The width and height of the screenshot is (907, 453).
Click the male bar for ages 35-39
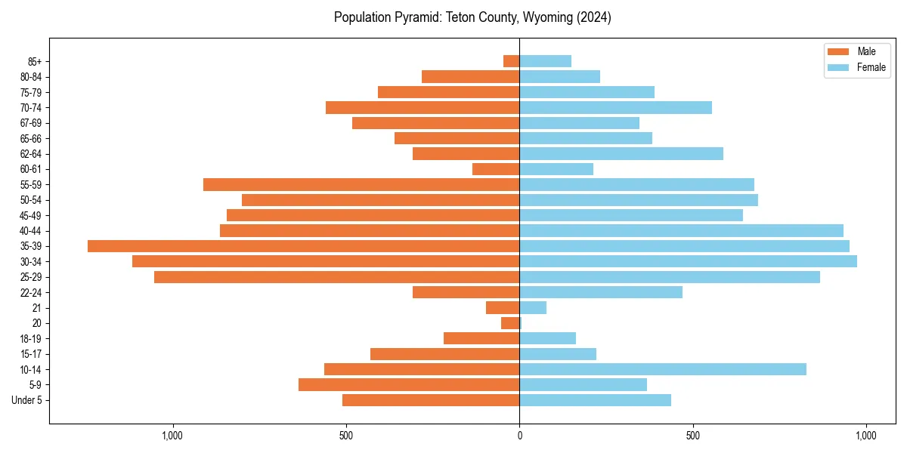[303, 246]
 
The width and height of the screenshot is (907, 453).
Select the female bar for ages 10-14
[663, 369]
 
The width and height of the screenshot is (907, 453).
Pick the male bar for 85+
[512, 61]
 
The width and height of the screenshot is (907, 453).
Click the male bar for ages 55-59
[361, 184]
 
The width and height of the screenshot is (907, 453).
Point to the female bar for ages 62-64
[621, 153]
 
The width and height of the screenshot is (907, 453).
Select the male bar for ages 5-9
[409, 384]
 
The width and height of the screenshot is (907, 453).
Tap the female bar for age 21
[533, 307]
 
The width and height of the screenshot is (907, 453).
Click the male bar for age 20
[510, 323]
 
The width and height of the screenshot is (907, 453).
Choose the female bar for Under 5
[595, 400]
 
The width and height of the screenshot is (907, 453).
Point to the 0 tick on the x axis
[519, 436]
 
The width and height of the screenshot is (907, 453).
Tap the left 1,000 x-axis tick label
[172, 436]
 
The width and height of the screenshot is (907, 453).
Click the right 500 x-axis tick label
[692, 436]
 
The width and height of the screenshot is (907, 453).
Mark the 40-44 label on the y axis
[31, 231]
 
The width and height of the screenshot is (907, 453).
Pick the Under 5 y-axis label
[26, 400]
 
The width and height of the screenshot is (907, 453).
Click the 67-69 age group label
[31, 123]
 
